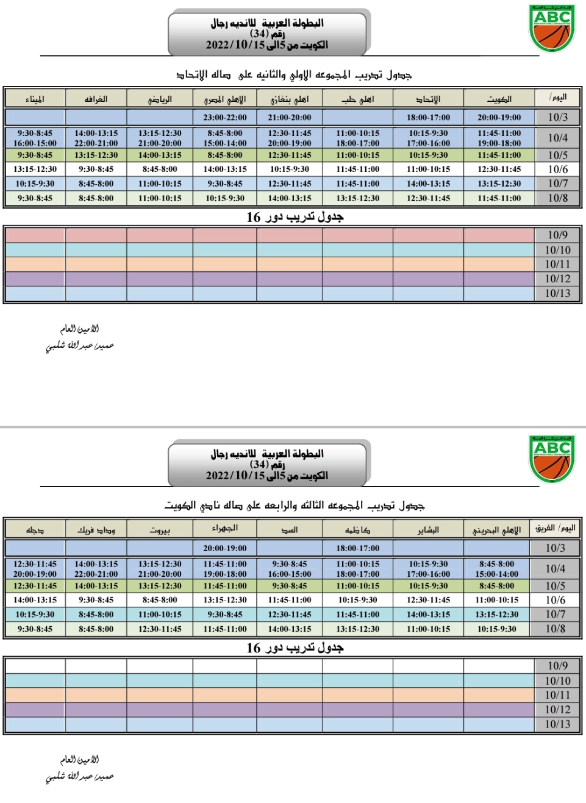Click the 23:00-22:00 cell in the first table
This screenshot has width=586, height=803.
click(x=225, y=117)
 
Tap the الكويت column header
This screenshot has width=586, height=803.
click(x=499, y=99)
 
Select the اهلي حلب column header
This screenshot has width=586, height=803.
click(x=358, y=99)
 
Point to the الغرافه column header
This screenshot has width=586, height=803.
click(x=96, y=99)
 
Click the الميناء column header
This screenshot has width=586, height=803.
click(x=35, y=99)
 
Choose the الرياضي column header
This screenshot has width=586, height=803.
click(x=160, y=99)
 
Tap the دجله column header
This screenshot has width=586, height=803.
click(x=35, y=529)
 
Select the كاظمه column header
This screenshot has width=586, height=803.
click(x=358, y=529)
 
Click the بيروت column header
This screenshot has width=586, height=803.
click(x=160, y=529)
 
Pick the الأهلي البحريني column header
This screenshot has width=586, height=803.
click(x=497, y=529)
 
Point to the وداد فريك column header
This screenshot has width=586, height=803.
click(x=96, y=529)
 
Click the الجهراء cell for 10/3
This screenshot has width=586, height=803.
click(x=225, y=548)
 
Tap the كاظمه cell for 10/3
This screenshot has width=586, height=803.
click(x=358, y=548)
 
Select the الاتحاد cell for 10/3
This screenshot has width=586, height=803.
click(x=429, y=117)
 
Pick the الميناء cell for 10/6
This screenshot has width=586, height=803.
click(x=35, y=169)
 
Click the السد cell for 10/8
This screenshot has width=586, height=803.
click(x=290, y=629)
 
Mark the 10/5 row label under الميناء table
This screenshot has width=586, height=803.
click(x=557, y=155)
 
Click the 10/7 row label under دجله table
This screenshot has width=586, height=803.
click(x=556, y=614)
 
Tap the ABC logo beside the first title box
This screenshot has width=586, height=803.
click(x=552, y=28)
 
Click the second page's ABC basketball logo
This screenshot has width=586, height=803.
click(x=552, y=459)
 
